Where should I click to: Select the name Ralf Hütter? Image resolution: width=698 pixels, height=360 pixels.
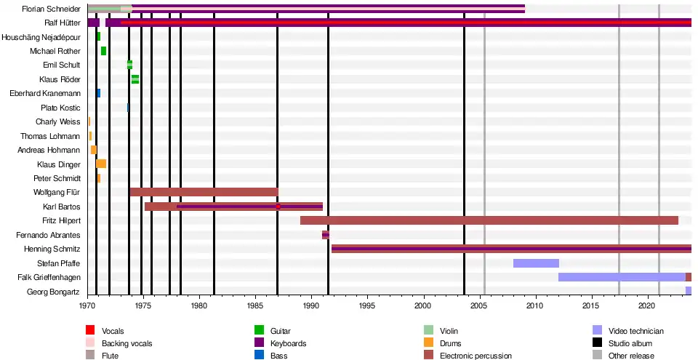62,23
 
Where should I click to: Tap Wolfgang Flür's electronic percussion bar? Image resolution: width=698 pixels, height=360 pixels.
204,192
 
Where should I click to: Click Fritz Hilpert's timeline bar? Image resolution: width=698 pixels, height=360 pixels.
489,220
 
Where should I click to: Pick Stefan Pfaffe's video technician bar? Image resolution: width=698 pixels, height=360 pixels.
536,263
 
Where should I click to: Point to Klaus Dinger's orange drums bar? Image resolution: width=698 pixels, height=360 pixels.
101,164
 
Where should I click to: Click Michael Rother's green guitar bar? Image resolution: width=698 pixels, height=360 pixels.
103,51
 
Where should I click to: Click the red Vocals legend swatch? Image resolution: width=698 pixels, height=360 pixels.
90,331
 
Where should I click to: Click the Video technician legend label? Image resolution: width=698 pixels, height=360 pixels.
636,331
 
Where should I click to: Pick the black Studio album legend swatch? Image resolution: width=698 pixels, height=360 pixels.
597,343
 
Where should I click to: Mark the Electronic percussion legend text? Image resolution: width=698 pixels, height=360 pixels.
476,356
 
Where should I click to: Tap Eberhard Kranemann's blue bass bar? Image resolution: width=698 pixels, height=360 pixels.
98,93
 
